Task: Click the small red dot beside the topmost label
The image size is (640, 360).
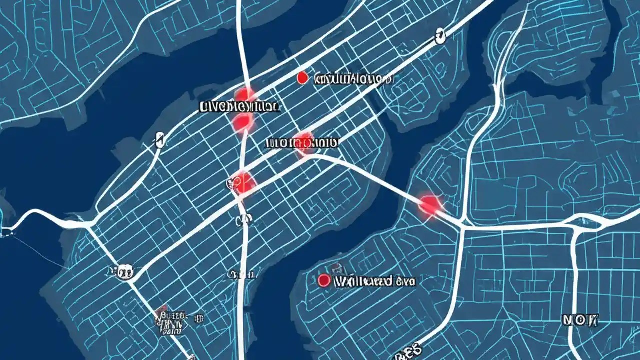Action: click(301, 78)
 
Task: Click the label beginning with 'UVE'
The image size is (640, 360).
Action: click(239, 106)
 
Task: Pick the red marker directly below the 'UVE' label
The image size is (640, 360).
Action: click(243, 121)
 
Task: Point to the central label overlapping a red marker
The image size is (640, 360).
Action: click(301, 143)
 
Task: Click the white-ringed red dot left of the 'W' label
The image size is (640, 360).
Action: click(324, 281)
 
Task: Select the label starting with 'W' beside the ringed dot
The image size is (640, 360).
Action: click(375, 281)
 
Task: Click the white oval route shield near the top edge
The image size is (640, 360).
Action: click(440, 36)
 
